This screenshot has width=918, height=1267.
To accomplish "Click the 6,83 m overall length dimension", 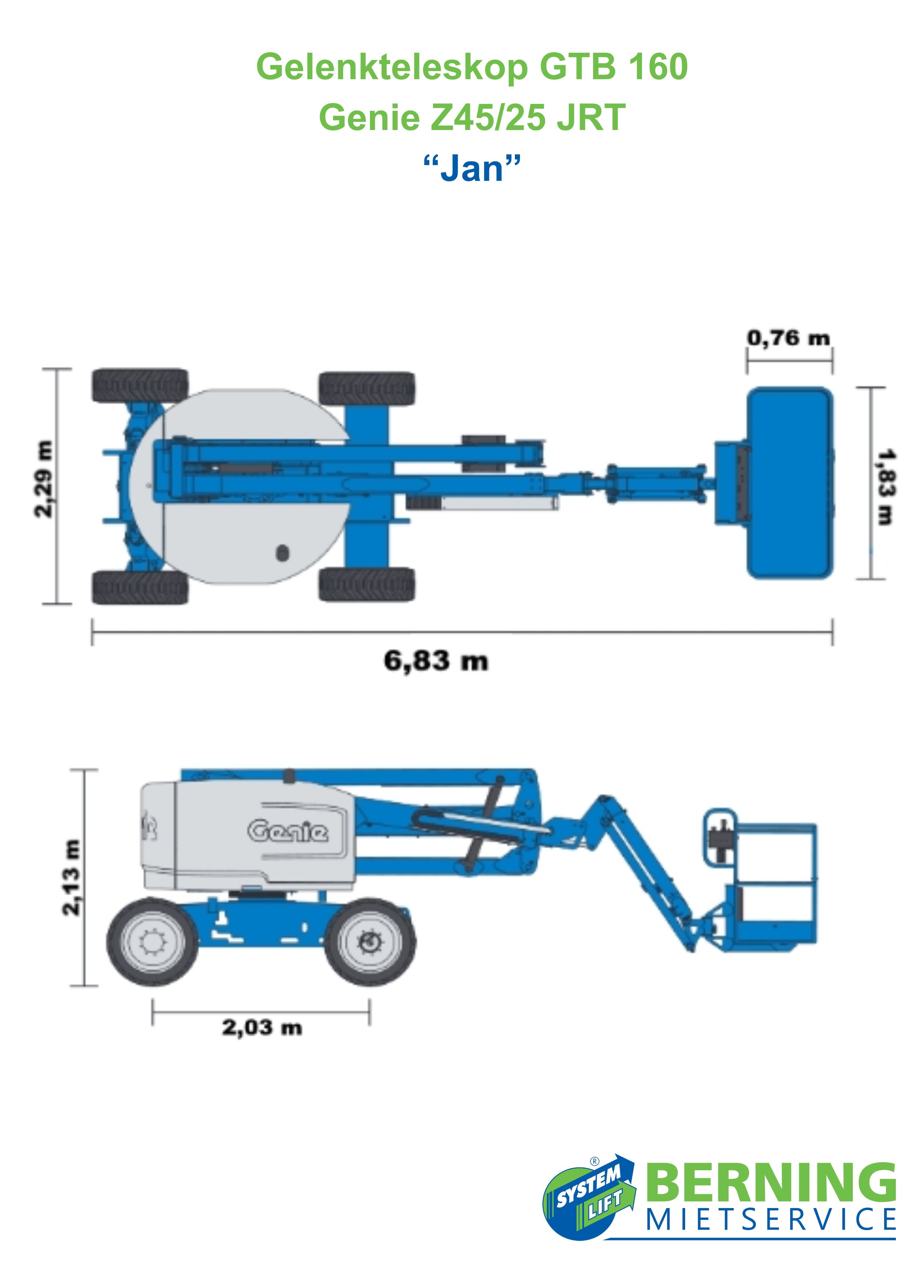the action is [x=436, y=661].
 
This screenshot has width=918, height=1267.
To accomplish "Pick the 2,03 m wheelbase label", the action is [x=262, y=1027].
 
